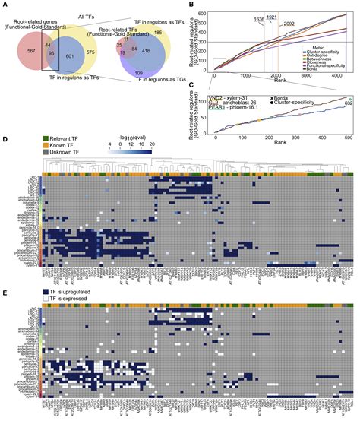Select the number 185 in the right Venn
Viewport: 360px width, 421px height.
coord(181,34)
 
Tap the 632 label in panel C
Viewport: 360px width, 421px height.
coord(349,103)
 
